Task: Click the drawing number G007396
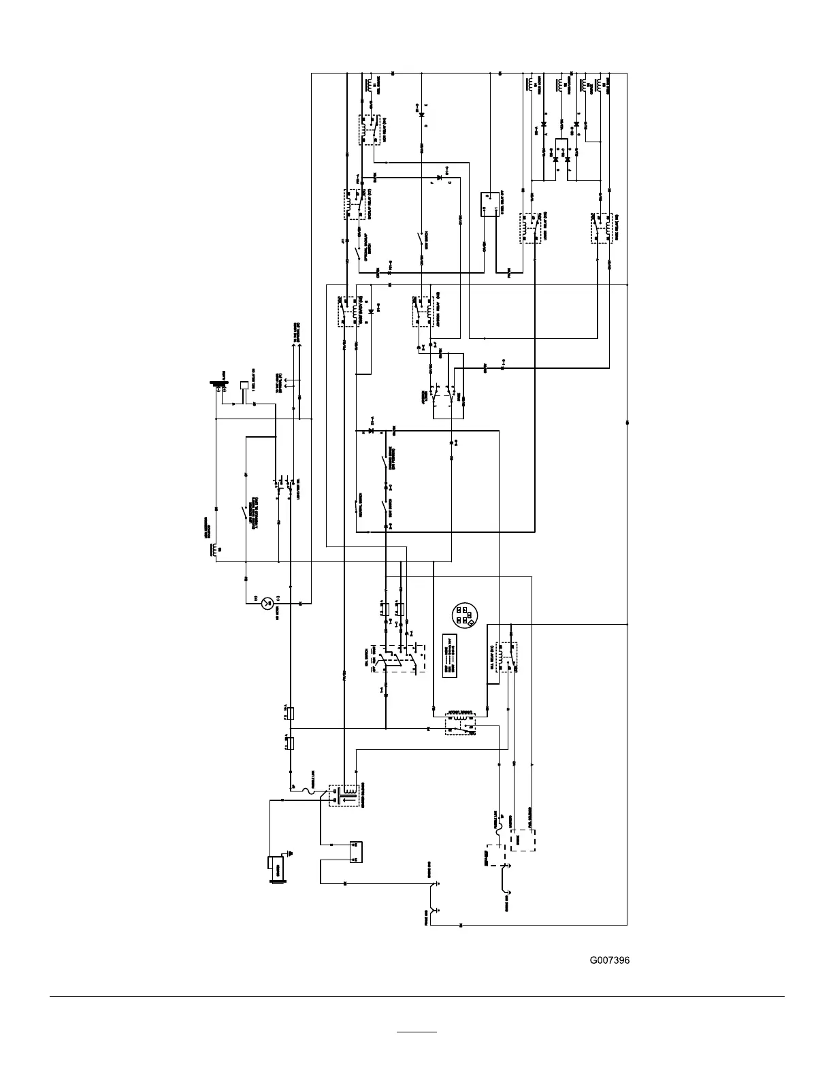pyautogui.click(x=609, y=960)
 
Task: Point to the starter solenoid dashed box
pyautogui.click(x=344, y=796)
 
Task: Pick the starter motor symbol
pyautogui.click(x=278, y=868)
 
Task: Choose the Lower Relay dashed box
pyautogui.click(x=531, y=228)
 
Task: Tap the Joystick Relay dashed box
pyautogui.click(x=422, y=311)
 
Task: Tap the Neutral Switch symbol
pyautogui.click(x=357, y=507)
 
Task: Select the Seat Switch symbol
pyautogui.click(x=387, y=507)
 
